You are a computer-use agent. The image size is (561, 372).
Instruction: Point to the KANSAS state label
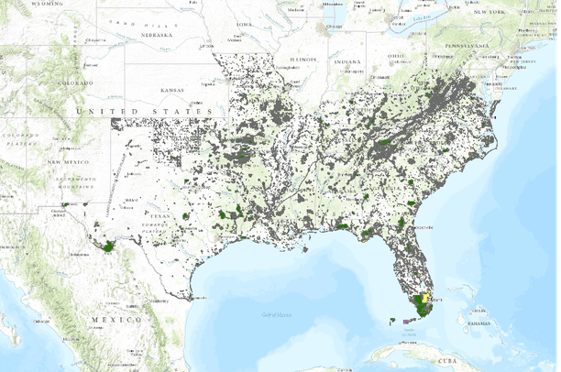(171, 91)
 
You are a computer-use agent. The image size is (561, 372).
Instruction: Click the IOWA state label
(243, 24)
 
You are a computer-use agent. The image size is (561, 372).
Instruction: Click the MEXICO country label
(115, 319)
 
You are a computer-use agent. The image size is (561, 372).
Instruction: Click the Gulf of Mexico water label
(275, 314)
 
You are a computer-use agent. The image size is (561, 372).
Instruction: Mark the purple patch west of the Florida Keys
(410, 320)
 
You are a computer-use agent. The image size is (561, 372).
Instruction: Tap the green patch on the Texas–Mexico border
(109, 246)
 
